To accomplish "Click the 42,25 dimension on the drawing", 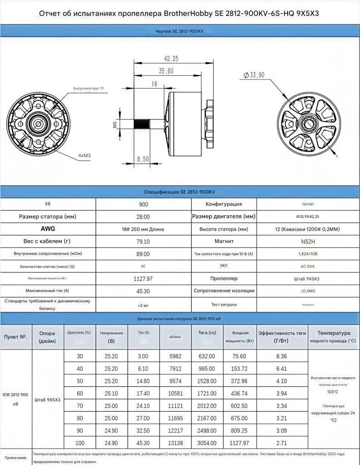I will pos(168,58).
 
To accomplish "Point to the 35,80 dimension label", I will pos(166,71).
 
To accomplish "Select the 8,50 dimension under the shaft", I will pos(143,159).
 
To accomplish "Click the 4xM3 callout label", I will pos(84,155).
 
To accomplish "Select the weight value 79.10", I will pos(143,241).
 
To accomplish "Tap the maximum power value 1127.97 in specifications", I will pos(143,278).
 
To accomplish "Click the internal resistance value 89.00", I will pos(143,253).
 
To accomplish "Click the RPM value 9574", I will pos(175,380).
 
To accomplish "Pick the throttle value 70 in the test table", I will pos(80,404).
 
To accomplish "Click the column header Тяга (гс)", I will pos(207,333).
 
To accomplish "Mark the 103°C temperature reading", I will pos(333,391).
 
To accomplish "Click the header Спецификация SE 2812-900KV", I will pos(180,192).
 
